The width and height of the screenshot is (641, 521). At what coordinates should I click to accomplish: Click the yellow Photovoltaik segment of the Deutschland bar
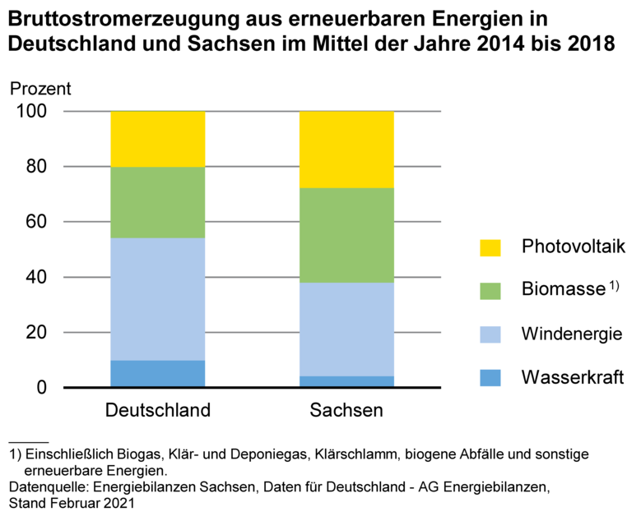point(157,139)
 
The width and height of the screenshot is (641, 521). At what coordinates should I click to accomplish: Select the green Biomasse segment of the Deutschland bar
point(157,203)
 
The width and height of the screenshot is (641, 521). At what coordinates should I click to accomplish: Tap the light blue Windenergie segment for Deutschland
point(157,299)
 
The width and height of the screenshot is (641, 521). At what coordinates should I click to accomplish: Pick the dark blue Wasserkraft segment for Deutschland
point(157,373)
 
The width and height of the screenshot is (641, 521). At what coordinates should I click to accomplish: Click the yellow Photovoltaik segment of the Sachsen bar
point(346,150)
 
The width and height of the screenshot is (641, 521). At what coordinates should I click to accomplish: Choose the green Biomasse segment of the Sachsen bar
point(346,235)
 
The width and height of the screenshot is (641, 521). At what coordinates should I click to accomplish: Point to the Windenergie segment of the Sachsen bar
point(346,329)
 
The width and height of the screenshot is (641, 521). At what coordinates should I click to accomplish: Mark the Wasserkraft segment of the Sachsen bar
point(346,381)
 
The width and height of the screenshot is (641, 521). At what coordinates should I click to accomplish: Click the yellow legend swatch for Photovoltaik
point(490,247)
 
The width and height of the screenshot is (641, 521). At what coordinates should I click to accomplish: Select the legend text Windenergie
point(571,334)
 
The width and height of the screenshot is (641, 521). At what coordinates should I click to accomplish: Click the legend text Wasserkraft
point(570,378)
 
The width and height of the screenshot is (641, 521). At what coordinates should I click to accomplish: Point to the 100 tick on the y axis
point(35,112)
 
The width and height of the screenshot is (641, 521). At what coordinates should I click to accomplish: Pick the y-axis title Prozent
point(40,88)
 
